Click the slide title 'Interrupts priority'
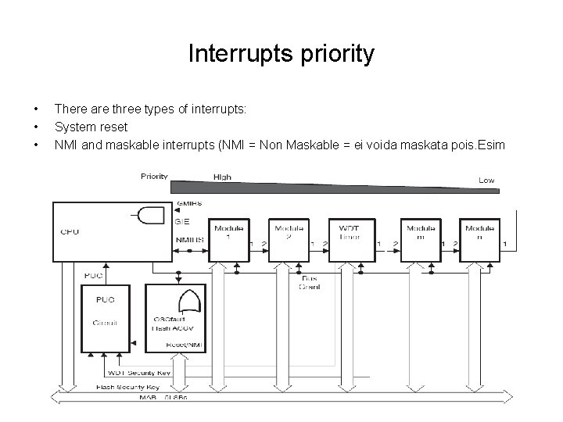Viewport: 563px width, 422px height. (x=281, y=54)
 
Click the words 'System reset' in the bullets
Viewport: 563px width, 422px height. (x=91, y=127)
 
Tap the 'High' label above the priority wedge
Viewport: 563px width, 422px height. (x=222, y=177)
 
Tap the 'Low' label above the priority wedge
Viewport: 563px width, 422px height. (x=486, y=181)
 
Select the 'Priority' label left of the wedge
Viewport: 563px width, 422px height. (x=154, y=176)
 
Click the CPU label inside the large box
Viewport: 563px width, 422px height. (x=70, y=231)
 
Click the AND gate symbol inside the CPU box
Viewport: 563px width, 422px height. (x=151, y=215)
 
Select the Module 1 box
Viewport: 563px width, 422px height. (x=228, y=238)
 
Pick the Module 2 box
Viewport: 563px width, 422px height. (x=289, y=238)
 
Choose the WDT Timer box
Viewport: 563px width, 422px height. (x=350, y=238)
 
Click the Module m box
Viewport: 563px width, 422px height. (x=420, y=238)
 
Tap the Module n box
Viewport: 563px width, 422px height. (x=479, y=238)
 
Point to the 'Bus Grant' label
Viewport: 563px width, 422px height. (x=310, y=282)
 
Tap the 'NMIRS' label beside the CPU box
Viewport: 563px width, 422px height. (x=188, y=239)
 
